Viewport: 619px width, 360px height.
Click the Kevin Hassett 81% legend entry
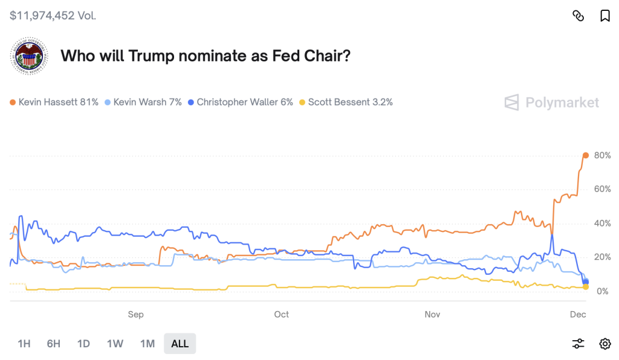54,102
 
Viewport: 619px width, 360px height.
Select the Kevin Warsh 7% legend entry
143,102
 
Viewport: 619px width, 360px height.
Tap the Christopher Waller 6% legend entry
241,102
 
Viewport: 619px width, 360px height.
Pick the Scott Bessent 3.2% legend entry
346,102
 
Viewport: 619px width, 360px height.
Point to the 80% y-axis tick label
602,155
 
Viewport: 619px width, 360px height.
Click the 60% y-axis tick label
602,189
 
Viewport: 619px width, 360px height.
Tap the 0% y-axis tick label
602,291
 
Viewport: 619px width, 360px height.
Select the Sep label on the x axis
135,314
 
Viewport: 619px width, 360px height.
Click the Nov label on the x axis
432,314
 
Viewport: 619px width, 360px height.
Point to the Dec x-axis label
577,314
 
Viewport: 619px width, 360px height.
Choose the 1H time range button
24,344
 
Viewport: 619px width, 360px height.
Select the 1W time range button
115,344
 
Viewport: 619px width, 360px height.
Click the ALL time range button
180,344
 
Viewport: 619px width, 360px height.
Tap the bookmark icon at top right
604,16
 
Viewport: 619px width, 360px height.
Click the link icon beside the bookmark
578,16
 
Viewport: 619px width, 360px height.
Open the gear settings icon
604,344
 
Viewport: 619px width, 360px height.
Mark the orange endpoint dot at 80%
585,155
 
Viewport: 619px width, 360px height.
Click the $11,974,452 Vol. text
53,15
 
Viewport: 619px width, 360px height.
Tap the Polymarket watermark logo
552,102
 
